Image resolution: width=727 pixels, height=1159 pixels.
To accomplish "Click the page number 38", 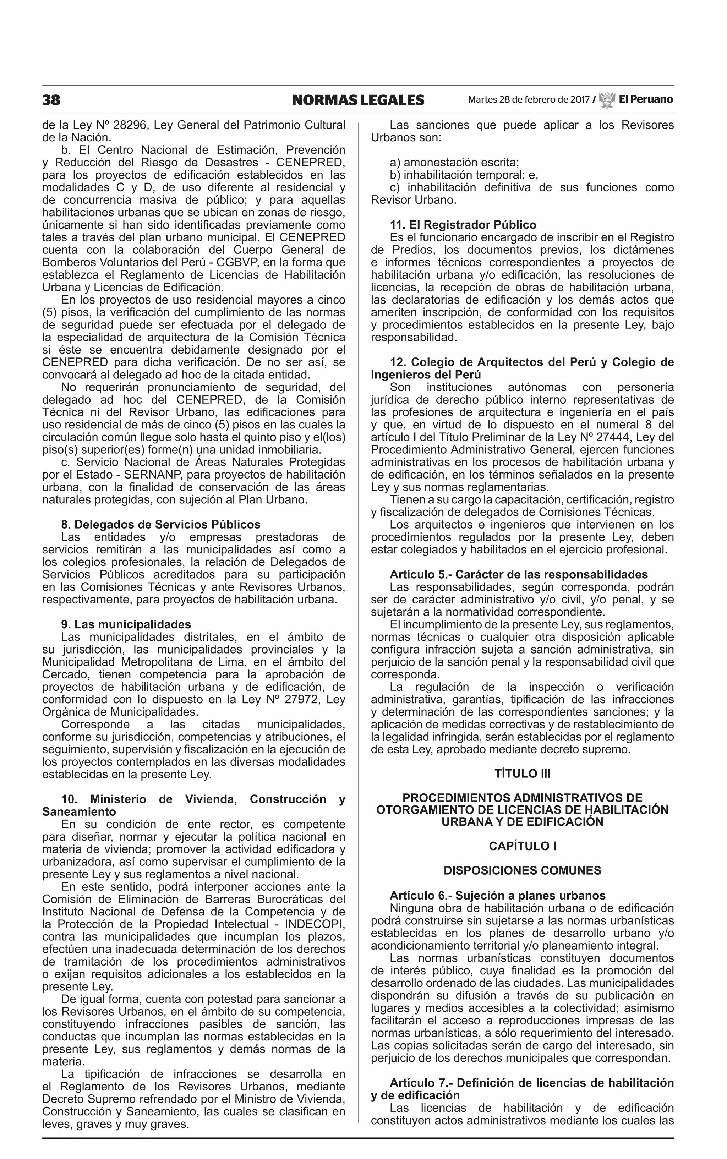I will coord(51,100).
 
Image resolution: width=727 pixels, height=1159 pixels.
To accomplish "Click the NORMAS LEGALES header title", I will coord(358,100).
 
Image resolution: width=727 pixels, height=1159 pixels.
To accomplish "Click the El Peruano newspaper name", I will coord(646,99).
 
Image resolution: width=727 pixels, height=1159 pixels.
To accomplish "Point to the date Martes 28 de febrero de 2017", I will coord(529,100).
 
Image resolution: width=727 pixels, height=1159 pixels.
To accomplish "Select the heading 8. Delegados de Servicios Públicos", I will coord(160,524).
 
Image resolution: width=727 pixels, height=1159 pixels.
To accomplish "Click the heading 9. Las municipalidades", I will coord(126,624).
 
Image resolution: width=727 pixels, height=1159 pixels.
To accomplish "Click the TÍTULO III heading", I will coord(522,773).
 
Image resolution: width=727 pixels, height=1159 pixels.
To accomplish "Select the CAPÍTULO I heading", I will coord(522,846).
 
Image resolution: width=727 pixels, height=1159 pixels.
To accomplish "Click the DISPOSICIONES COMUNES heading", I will coord(522,870).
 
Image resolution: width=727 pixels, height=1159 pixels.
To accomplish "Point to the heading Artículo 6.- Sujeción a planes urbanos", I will coord(498,896).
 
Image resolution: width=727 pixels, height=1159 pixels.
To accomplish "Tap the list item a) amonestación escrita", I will coord(454,163).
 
